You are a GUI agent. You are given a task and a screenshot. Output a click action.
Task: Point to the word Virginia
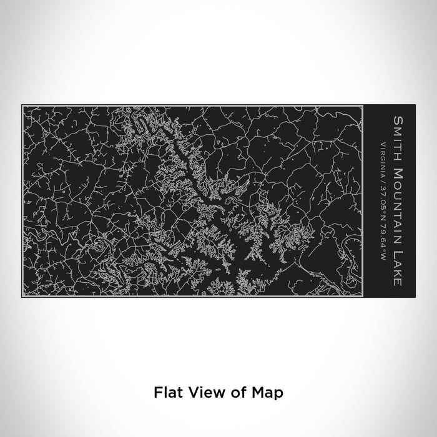click(x=380, y=155)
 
